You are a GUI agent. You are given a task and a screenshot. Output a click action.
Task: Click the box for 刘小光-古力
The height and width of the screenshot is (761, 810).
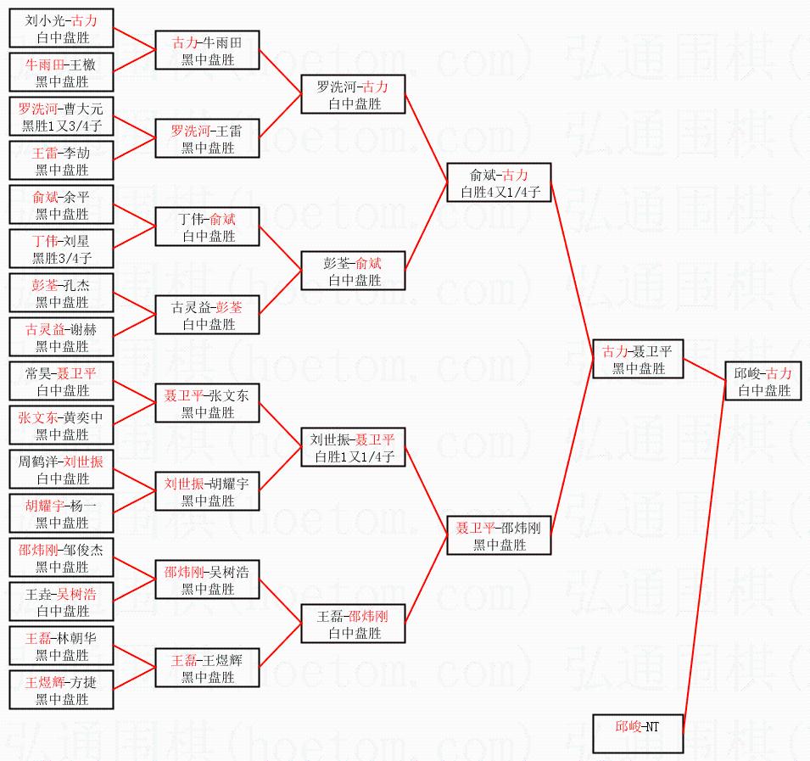pyautogui.click(x=61, y=28)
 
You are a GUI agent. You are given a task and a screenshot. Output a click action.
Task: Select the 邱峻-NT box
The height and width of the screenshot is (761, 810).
pyautogui.click(x=638, y=734)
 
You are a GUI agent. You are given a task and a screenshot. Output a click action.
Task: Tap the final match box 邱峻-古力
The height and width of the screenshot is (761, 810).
pyautogui.click(x=763, y=381)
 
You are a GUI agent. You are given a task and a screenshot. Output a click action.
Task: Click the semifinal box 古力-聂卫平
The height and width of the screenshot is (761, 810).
pyautogui.click(x=638, y=359)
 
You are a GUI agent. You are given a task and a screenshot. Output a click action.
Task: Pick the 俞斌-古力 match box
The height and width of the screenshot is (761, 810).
pyautogui.click(x=499, y=182)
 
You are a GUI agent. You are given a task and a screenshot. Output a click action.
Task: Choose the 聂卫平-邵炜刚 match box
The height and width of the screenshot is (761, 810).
pyautogui.click(x=499, y=535)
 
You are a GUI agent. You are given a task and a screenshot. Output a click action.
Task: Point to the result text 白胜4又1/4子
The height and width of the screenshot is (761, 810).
pyautogui.click(x=500, y=193)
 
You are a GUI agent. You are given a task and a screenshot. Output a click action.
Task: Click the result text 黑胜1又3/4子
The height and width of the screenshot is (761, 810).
pyautogui.click(x=62, y=126)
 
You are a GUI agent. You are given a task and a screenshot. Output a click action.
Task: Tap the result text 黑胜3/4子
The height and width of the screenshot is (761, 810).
pyautogui.click(x=62, y=258)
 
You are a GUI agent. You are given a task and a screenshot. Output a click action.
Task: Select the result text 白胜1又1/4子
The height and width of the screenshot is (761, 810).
pyautogui.click(x=355, y=456)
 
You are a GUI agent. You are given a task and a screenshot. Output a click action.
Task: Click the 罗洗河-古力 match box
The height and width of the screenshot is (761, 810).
pyautogui.click(x=354, y=94)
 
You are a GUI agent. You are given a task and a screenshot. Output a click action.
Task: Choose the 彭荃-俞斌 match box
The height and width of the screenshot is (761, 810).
pyautogui.click(x=354, y=271)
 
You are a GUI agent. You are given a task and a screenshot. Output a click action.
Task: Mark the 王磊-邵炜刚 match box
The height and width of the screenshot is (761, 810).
pyautogui.click(x=354, y=624)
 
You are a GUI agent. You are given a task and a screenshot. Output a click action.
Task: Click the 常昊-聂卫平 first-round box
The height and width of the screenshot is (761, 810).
pyautogui.click(x=61, y=381)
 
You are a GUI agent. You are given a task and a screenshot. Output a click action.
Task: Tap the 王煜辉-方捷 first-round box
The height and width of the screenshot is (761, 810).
pyautogui.click(x=61, y=690)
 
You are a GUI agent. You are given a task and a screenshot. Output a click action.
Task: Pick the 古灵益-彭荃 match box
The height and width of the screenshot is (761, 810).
pyautogui.click(x=207, y=315)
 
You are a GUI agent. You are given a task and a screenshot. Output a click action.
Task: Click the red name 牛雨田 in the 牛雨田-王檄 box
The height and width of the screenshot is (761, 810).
pyautogui.click(x=41, y=64)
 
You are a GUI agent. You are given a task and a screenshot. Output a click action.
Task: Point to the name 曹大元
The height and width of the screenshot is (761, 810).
pyautogui.click(x=84, y=109)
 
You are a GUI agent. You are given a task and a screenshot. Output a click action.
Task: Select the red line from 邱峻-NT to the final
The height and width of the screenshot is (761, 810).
pyautogui.click(x=705, y=557)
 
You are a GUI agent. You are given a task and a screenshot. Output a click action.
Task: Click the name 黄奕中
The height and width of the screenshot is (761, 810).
pyautogui.click(x=84, y=417)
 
